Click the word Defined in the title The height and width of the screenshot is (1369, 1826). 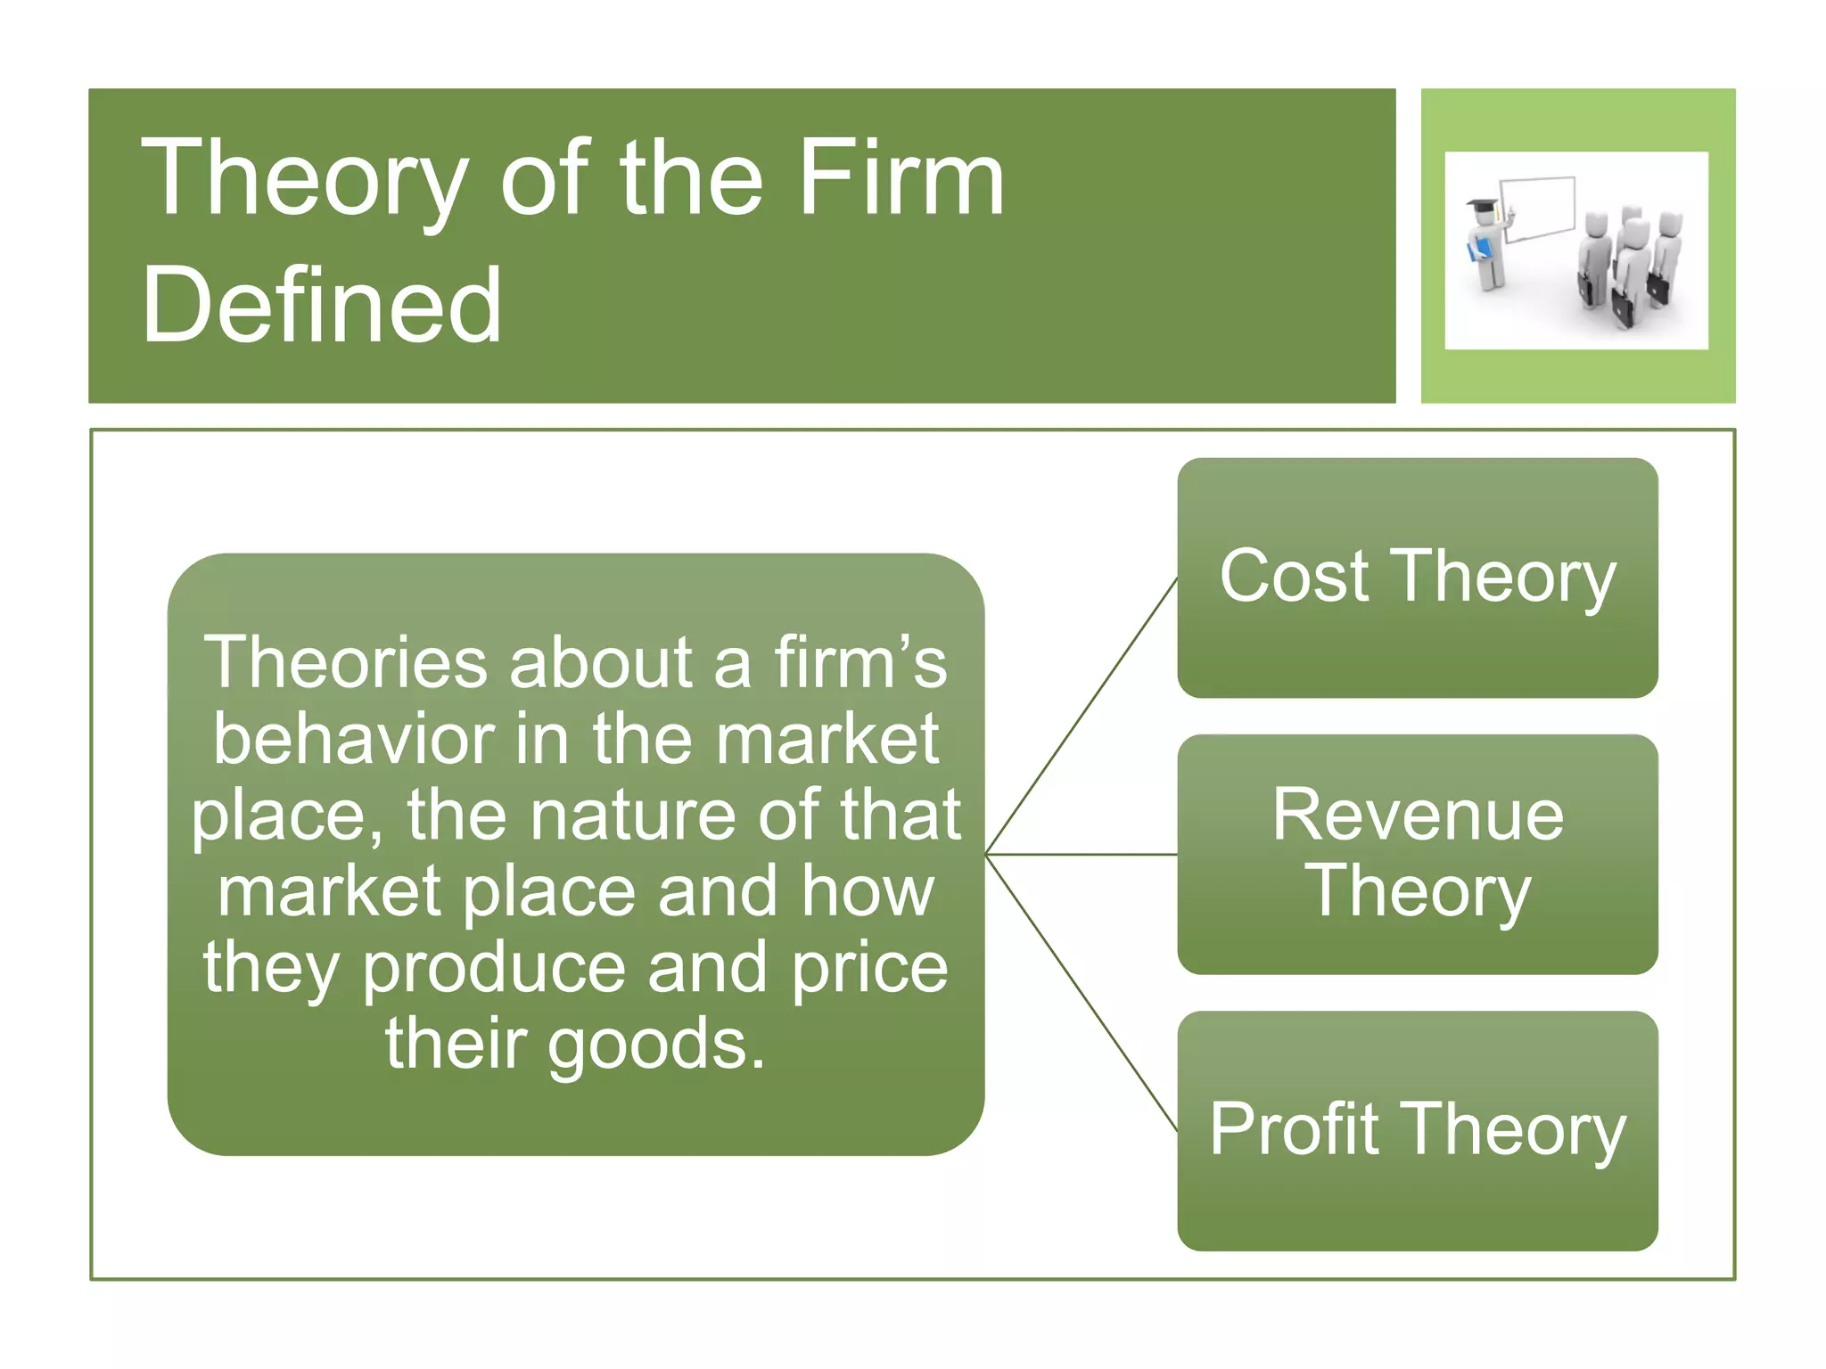(321, 306)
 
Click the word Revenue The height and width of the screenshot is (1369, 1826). (1417, 815)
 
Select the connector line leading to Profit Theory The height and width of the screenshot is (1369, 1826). (1081, 992)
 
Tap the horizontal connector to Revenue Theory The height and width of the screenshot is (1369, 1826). (1081, 854)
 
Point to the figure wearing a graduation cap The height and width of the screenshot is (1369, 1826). (1485, 245)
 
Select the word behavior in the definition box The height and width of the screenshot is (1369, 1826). (353, 739)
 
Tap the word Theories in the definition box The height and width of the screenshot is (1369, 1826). (345, 663)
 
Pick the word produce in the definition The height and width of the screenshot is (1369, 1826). (494, 969)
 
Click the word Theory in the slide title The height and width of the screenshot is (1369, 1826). (305, 178)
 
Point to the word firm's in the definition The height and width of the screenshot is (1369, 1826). (860, 663)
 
